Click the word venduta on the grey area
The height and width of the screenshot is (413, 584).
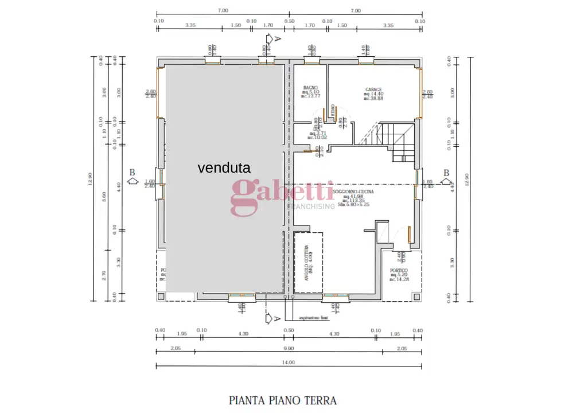(x=224, y=168)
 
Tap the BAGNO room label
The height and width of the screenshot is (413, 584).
(x=310, y=88)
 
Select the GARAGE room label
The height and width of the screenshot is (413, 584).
(x=373, y=90)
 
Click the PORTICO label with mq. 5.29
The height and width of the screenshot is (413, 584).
(x=399, y=270)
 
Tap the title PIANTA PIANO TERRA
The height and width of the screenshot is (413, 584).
(x=283, y=400)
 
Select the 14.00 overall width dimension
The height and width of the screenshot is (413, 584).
(x=288, y=363)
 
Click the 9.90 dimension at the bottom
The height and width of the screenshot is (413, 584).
(x=288, y=349)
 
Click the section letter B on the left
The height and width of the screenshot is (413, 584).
(x=133, y=172)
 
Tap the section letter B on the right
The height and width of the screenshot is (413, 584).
(x=446, y=173)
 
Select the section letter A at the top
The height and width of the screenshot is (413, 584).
(x=277, y=38)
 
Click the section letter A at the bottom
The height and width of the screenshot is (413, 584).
(x=277, y=318)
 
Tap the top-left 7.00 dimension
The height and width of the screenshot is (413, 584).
(x=223, y=10)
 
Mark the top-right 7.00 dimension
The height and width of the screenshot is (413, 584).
(x=356, y=10)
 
